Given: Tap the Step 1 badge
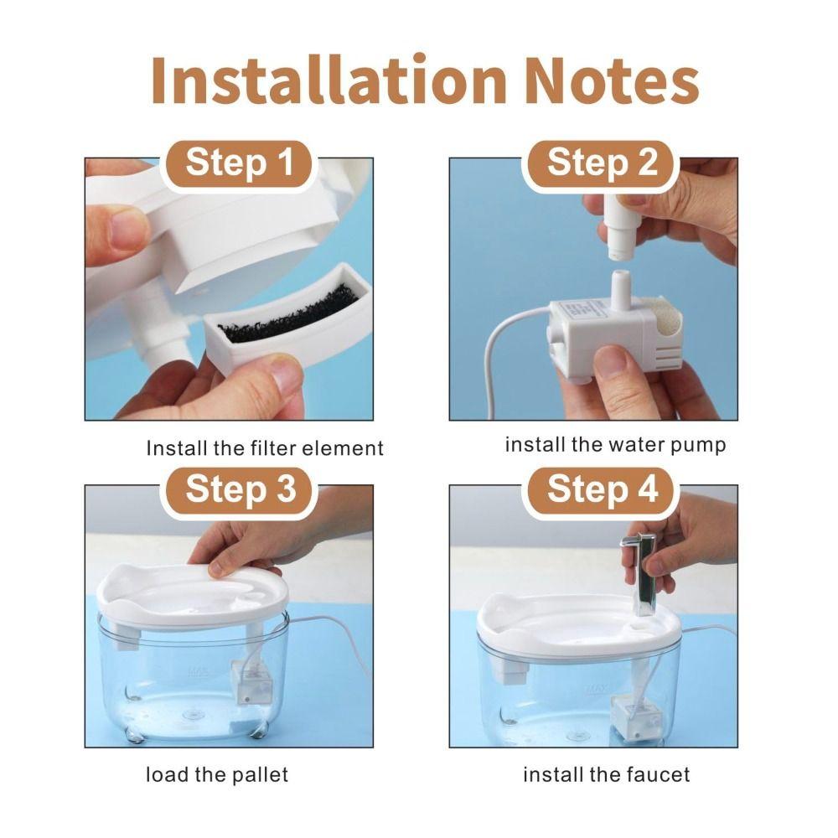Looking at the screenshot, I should pyautogui.click(x=240, y=163).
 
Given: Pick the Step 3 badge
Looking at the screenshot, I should pyautogui.click(x=240, y=489).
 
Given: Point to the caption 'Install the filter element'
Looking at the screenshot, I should pyautogui.click(x=265, y=448).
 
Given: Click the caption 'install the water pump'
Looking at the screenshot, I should pyautogui.click(x=614, y=445).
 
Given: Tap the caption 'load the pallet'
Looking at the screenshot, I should pyautogui.click(x=217, y=774).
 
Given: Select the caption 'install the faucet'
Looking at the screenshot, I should pyautogui.click(x=607, y=774).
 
